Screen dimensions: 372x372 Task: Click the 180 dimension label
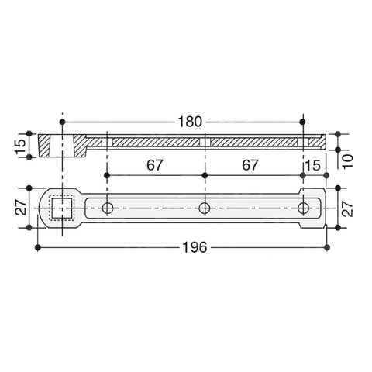coord(190,122)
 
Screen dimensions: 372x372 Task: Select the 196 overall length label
coord(195,247)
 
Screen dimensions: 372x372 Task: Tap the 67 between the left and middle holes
coord(155,165)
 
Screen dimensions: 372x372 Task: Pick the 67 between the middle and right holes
coord(250,165)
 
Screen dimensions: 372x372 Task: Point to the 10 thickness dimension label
coord(348,161)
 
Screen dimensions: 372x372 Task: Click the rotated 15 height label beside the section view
coord(21,146)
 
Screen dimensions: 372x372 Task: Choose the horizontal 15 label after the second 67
coord(313,165)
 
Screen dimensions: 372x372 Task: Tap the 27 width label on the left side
coord(21,207)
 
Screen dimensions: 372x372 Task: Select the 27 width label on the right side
coord(348,208)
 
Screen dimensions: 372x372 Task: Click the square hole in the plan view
coord(62,208)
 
